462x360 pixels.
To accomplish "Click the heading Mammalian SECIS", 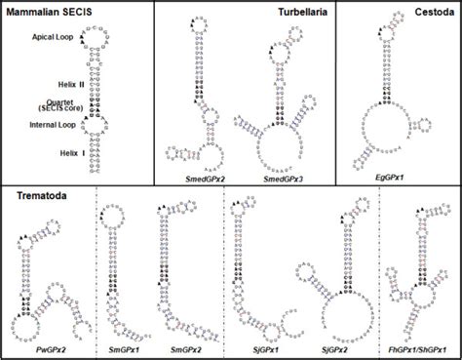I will click(x=56, y=12).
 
